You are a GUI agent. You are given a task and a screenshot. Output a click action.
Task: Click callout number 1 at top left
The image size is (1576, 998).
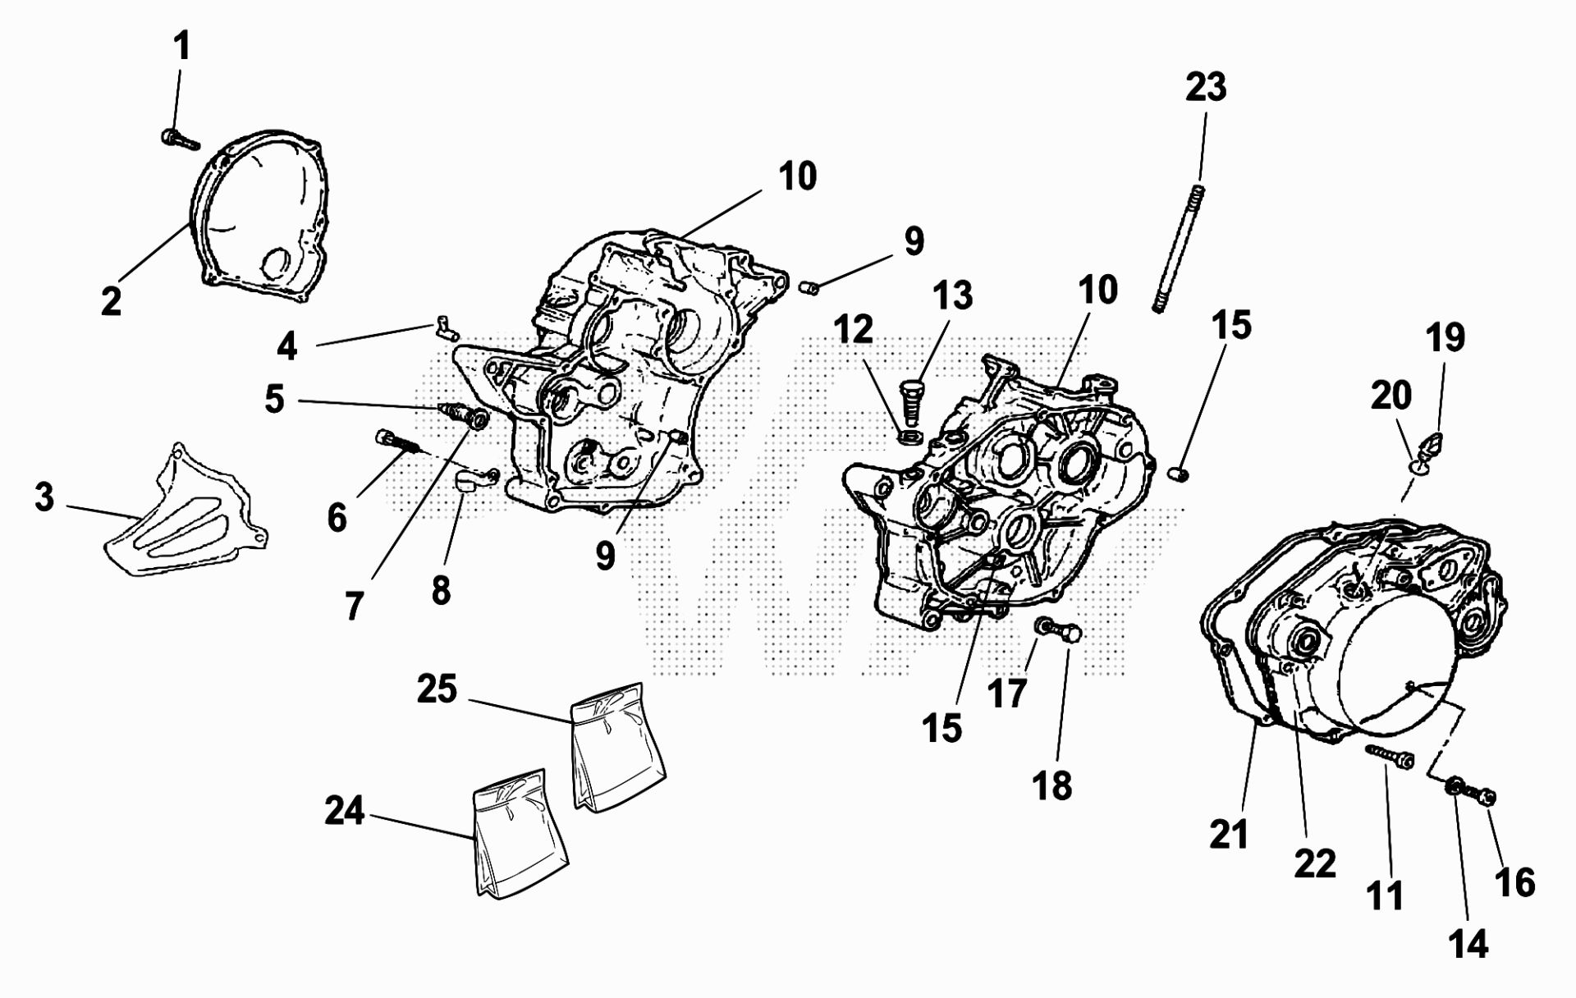tap(181, 46)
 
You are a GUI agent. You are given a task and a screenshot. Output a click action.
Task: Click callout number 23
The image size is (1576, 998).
tap(1205, 87)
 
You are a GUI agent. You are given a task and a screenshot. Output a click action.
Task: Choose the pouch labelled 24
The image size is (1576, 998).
tap(521, 835)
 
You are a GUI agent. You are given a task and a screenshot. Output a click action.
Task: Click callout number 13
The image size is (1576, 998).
tap(952, 295)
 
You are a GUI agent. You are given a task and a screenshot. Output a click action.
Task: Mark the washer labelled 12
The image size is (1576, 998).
tap(909, 436)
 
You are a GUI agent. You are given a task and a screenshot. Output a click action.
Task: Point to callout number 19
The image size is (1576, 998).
tap(1445, 337)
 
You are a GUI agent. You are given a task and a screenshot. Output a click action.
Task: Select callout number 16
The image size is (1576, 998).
tap(1514, 882)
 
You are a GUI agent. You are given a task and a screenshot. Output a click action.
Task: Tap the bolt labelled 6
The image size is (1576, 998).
tap(397, 443)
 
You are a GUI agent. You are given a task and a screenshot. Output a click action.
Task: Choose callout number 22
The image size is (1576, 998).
tap(1315, 863)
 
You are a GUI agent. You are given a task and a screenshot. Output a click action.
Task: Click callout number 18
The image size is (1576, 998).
tap(1051, 785)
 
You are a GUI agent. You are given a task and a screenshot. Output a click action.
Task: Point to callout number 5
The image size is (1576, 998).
tap(274, 400)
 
